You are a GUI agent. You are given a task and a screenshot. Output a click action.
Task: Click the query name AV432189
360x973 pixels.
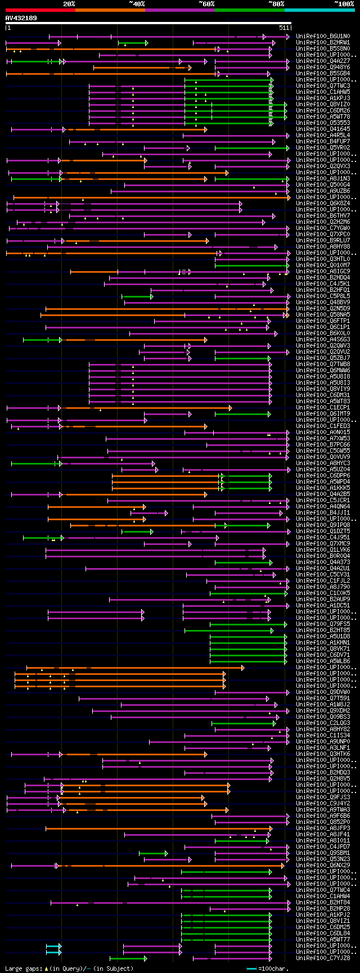[x=21, y=18]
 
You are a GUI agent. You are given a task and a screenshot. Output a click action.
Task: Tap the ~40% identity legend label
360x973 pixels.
[x=137, y=4]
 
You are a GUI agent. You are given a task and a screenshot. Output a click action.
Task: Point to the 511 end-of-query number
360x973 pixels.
[x=283, y=27]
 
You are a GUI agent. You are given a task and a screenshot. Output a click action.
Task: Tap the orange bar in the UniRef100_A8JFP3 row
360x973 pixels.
[x=157, y=828]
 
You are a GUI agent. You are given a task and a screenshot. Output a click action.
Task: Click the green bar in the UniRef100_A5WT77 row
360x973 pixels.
[x=225, y=940]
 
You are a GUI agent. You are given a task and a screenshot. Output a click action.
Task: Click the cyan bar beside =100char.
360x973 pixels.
[x=251, y=969]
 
